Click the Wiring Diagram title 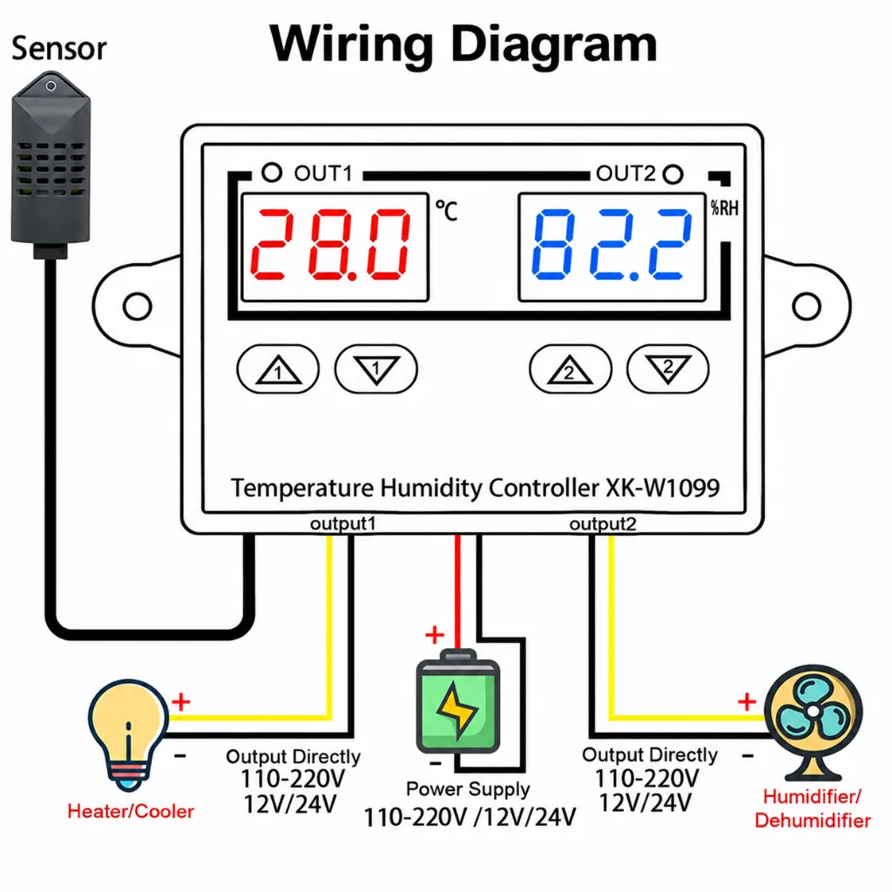(463, 45)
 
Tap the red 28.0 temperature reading (331, 245)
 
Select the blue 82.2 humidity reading (612, 245)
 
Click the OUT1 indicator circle (272, 172)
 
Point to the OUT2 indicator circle (673, 174)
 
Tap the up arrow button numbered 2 (570, 369)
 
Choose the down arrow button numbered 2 (668, 369)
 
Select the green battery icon (458, 702)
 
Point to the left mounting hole (137, 306)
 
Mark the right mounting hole (807, 306)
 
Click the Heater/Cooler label (131, 811)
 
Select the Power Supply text (468, 789)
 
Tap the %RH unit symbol (725, 208)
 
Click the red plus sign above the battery (435, 634)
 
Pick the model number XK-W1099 (663, 488)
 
